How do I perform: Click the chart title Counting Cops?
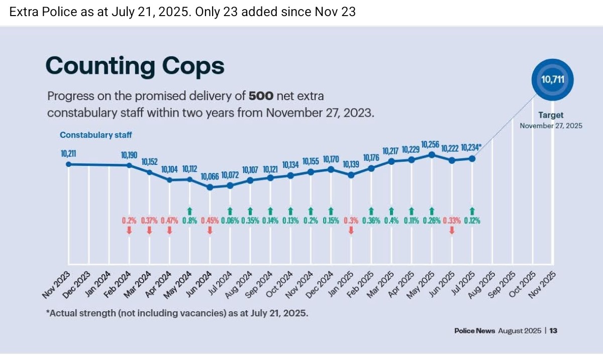[x=135, y=66]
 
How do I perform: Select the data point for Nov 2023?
[x=69, y=164]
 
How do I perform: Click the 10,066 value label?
[x=210, y=176]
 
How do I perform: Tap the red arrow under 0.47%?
[x=169, y=230]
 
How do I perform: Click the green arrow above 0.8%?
[x=190, y=211]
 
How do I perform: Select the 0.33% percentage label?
[x=451, y=220]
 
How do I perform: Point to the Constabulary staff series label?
[x=96, y=135]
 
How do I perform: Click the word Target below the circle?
[x=551, y=115]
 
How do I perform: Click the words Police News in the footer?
[x=474, y=331]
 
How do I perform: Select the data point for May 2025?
[x=431, y=155]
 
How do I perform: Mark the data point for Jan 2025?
[x=351, y=175]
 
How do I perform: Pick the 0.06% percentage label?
[x=230, y=220]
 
